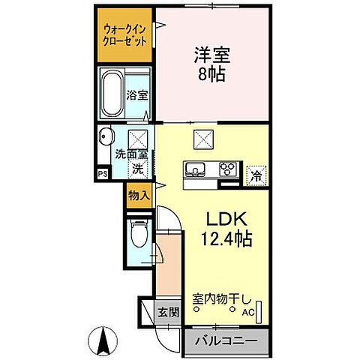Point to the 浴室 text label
pos(137,95)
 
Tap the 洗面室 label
pos(130,154)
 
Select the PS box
pos(103,172)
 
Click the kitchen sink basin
pos(196,167)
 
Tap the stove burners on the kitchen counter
pos(227,169)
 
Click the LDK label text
pos(225,221)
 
